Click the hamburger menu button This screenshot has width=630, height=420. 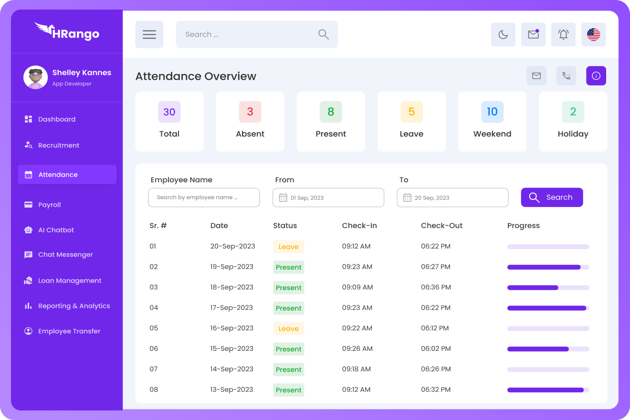pyautogui.click(x=149, y=34)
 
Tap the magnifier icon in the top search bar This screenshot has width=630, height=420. pyautogui.click(x=324, y=34)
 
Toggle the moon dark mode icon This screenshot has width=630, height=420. pyautogui.click(x=503, y=34)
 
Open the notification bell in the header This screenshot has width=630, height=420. pyautogui.click(x=563, y=34)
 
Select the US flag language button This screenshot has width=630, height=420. pyautogui.click(x=593, y=34)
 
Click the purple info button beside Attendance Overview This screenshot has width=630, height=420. pyautogui.click(x=596, y=76)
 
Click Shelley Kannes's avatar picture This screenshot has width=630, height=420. pyautogui.click(x=35, y=77)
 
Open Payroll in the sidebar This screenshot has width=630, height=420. pyautogui.click(x=50, y=205)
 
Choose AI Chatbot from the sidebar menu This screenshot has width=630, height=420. pyautogui.click(x=56, y=230)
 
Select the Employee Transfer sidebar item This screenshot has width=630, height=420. pyautogui.click(x=69, y=331)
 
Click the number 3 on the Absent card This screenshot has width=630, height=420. pyautogui.click(x=250, y=112)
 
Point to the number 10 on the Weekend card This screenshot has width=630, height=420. pyautogui.click(x=492, y=112)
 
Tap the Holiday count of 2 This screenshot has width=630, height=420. pyautogui.click(x=573, y=112)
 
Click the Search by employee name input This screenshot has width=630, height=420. pyautogui.click(x=204, y=198)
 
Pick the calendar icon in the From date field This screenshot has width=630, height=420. pyautogui.click(x=283, y=198)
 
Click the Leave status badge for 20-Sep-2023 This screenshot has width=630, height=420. pyautogui.click(x=288, y=247)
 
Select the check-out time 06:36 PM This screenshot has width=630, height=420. pyautogui.click(x=435, y=287)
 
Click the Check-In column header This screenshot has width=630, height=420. pyautogui.click(x=359, y=226)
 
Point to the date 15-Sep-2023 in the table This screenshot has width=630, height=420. pyautogui.click(x=231, y=349)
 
